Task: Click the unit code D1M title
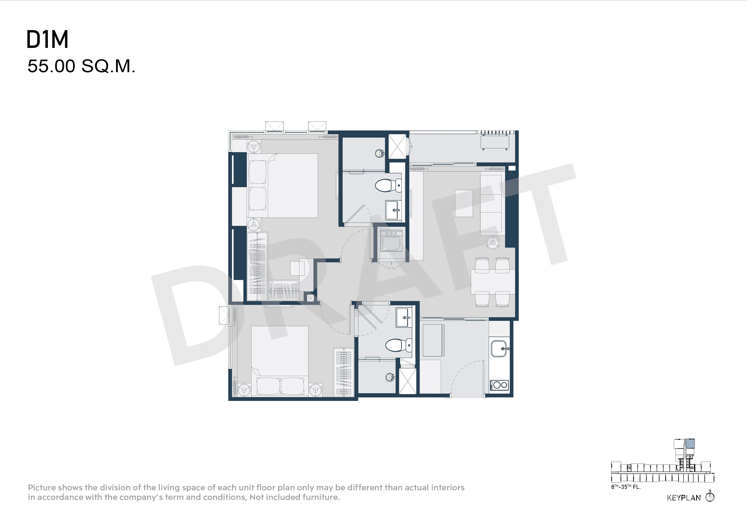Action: coord(47,40)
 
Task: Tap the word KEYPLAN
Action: coord(684,498)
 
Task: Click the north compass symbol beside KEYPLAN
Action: coord(710,497)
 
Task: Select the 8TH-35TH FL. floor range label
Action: coord(626,487)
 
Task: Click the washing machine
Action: coord(391,241)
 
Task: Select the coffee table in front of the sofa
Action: coord(464,203)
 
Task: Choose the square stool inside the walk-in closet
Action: coord(297,268)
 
